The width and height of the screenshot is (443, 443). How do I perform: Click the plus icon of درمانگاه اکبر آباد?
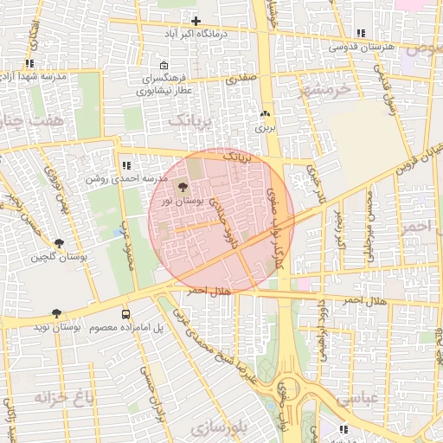click(196, 21)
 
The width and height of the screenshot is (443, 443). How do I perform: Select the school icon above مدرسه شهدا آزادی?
click(31, 63)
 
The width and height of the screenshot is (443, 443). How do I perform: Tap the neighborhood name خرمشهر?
click(326, 88)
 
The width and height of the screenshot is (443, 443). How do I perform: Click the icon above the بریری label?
click(265, 114)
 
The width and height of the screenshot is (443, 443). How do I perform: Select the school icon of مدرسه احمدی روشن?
click(126, 164)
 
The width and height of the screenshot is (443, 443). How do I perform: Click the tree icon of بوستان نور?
click(182, 187)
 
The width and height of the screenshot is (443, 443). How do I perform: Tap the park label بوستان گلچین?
click(60, 257)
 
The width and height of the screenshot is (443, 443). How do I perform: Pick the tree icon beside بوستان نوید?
click(57, 313)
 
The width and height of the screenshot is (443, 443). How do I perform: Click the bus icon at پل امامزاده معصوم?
click(126, 315)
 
